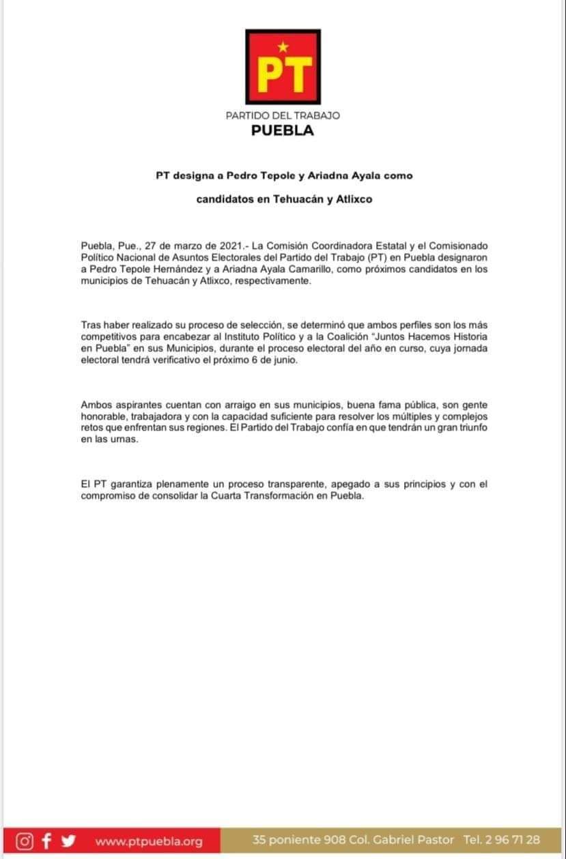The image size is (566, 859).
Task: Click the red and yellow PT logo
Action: [283, 67]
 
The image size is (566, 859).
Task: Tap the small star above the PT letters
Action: [283, 46]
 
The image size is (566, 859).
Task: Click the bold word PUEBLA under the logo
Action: [283, 131]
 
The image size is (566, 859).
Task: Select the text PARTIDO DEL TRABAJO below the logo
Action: [283, 116]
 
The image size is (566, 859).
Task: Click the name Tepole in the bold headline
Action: [254, 175]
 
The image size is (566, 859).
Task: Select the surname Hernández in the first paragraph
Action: [178, 269]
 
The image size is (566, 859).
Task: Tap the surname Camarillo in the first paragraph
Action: [294, 269]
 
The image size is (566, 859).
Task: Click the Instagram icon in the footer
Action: [25, 841]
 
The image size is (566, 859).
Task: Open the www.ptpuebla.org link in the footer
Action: [149, 841]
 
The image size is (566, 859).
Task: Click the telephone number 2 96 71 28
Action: [513, 840]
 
